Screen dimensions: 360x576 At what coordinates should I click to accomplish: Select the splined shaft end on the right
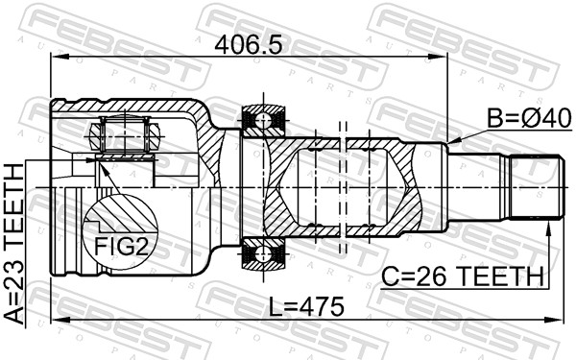click(533, 187)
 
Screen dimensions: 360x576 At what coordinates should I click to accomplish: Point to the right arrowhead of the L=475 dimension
click(554, 319)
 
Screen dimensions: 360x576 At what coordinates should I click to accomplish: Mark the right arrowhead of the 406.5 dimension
click(443, 58)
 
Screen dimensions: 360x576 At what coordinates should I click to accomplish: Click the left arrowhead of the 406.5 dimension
click(56, 58)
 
